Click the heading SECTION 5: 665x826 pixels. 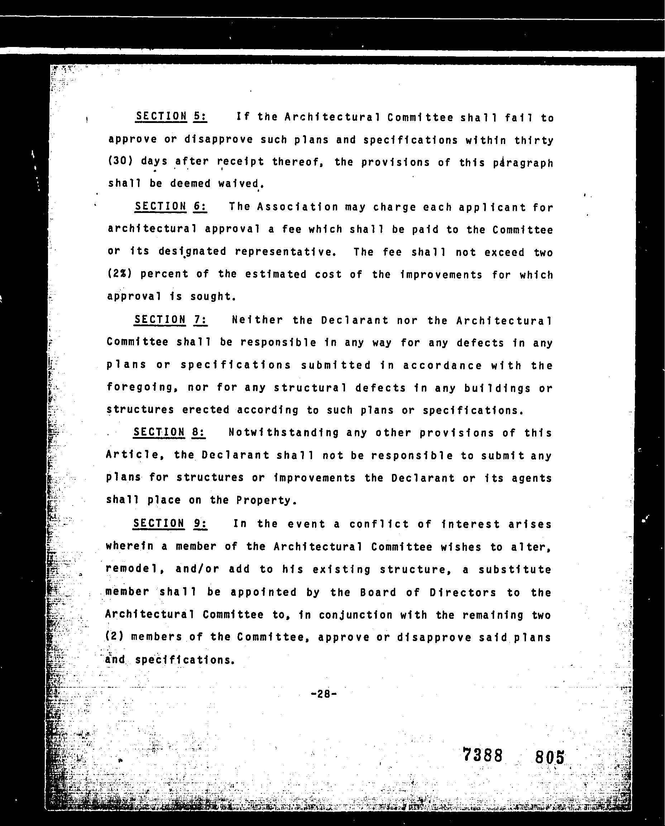(x=171, y=116)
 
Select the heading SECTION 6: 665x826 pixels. (x=171, y=206)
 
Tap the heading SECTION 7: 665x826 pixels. (x=170, y=320)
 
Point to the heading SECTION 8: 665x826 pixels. (x=169, y=432)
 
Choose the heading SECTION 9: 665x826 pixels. (x=170, y=523)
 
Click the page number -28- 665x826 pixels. (x=324, y=693)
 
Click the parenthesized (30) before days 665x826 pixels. (x=120, y=161)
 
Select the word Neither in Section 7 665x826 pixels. (x=257, y=320)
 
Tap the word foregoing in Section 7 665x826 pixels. (x=140, y=388)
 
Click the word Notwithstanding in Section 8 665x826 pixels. (x=283, y=433)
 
